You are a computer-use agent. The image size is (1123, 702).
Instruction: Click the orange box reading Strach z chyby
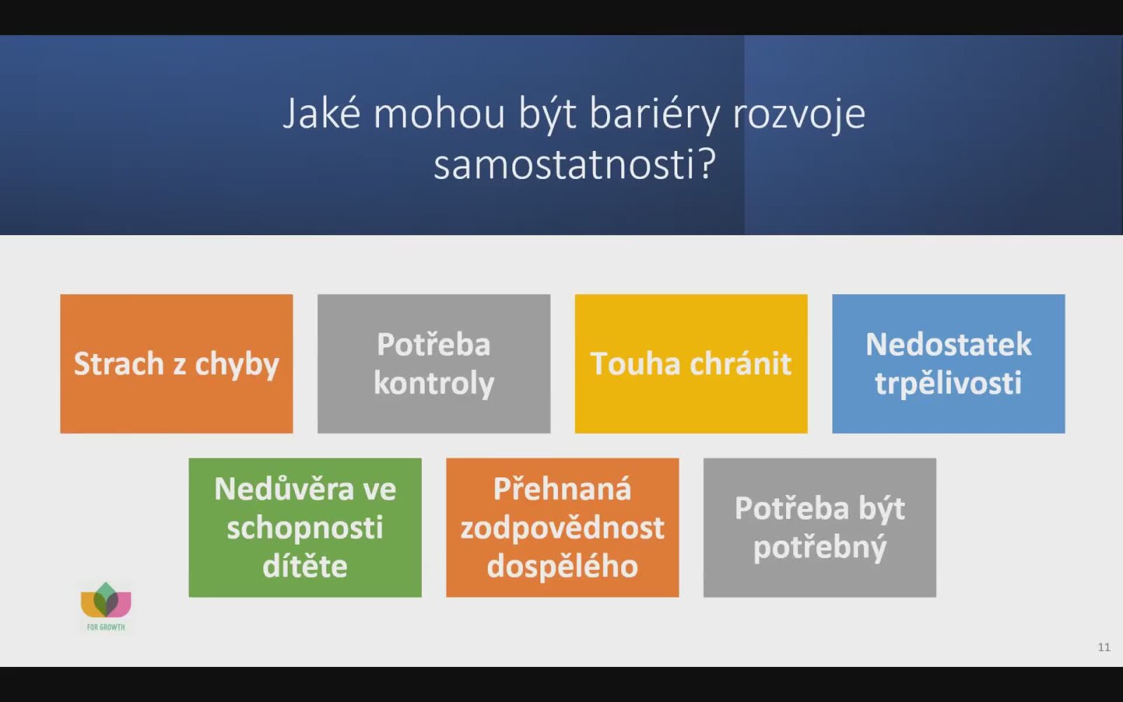[x=176, y=364]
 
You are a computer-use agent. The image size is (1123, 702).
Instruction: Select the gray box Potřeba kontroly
[x=434, y=364]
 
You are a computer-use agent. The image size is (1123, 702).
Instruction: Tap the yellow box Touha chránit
[x=691, y=364]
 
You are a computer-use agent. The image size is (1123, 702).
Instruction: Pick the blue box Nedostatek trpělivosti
[x=948, y=364]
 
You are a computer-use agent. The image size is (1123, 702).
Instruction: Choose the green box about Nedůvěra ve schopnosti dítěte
[x=305, y=527]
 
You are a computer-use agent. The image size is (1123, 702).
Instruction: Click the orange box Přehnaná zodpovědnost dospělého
[x=562, y=527]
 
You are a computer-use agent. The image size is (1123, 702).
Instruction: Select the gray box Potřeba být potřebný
[x=820, y=527]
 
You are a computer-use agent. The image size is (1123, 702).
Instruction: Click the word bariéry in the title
[x=654, y=115]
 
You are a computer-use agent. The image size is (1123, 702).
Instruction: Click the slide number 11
[x=1104, y=647]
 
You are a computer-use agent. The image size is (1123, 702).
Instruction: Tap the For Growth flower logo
[x=106, y=600]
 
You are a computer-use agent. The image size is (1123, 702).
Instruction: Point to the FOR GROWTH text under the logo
[x=106, y=628]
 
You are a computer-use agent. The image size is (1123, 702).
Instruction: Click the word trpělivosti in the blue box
[x=948, y=383]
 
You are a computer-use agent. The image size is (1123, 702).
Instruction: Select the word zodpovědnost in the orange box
[x=562, y=529]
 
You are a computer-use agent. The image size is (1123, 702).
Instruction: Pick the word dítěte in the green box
[x=305, y=566]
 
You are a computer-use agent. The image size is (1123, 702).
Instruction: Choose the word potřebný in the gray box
[x=820, y=548]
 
